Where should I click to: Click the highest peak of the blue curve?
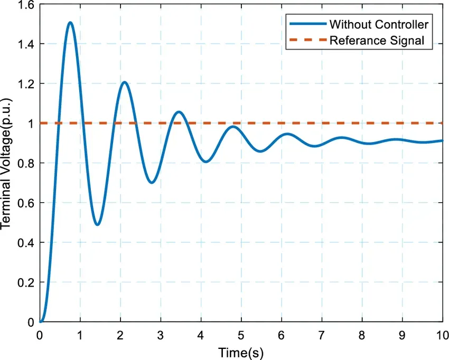pyautogui.click(x=70, y=23)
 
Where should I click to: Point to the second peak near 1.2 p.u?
pyautogui.click(x=124, y=82)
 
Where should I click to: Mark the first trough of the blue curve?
pyautogui.click(x=97, y=225)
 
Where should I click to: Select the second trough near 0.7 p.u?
pyautogui.click(x=152, y=183)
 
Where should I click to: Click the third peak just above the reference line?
pyautogui.click(x=179, y=112)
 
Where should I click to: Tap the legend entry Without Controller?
pyautogui.click(x=378, y=24)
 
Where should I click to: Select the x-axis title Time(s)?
pyautogui.click(x=241, y=352)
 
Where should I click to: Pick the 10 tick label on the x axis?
pyautogui.click(x=442, y=335)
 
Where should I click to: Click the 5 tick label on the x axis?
pyautogui.click(x=241, y=335)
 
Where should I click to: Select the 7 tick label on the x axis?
pyautogui.click(x=322, y=335)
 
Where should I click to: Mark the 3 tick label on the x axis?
pyautogui.click(x=161, y=335)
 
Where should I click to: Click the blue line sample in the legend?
pyautogui.click(x=306, y=24)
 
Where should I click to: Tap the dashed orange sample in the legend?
pyautogui.click(x=306, y=40)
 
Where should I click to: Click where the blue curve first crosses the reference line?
pyautogui.click(x=58, y=123)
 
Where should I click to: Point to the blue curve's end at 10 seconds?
pyautogui.click(x=442, y=140)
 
